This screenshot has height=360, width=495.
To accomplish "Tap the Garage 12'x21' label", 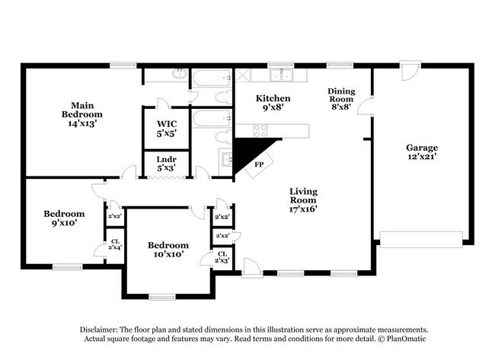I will pyautogui.click(x=421, y=152).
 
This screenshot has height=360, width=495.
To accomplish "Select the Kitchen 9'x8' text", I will pyautogui.click(x=273, y=104).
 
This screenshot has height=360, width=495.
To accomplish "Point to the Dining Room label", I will pyautogui.click(x=341, y=98).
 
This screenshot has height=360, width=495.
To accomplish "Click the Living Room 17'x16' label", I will pyautogui.click(x=302, y=199).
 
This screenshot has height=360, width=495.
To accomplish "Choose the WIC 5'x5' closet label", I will pyautogui.click(x=167, y=128).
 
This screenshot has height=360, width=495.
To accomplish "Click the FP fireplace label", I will pyautogui.click(x=259, y=164).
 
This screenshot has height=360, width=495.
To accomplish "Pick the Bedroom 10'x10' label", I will pyautogui.click(x=168, y=250).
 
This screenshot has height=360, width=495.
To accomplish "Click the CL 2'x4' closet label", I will pyautogui.click(x=115, y=244).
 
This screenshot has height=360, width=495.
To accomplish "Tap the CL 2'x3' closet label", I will pyautogui.click(x=222, y=257).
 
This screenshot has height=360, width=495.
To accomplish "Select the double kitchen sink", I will pyautogui.click(x=282, y=75).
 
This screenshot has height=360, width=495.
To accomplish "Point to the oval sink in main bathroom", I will pyautogui.click(x=177, y=75).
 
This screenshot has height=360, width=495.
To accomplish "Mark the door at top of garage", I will pyautogui.click(x=410, y=75).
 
